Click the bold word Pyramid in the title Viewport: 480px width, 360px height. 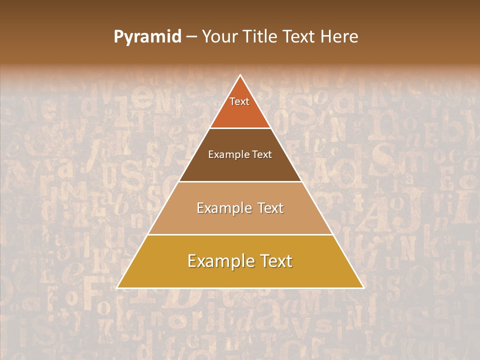point(147,37)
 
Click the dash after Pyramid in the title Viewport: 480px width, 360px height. point(191,37)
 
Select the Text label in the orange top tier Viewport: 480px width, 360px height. point(239,101)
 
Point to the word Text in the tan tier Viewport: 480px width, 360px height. point(269,208)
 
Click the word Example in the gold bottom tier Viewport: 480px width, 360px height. point(220,261)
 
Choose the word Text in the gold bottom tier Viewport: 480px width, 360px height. point(274,261)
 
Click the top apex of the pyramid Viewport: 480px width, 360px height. point(240,75)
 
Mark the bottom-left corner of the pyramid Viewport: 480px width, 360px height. point(117,287)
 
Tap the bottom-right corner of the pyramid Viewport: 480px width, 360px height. point(363,287)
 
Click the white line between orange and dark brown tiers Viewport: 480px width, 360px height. point(240,128)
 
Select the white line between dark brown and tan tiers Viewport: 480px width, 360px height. point(240,181)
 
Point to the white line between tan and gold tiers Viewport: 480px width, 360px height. point(240,234)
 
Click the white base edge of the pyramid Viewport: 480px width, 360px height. point(240,288)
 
